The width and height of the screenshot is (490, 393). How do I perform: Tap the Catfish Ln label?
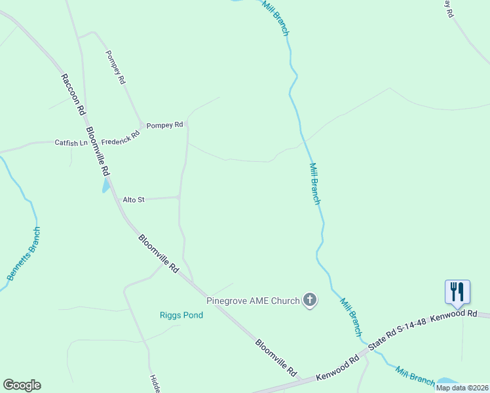(71, 143)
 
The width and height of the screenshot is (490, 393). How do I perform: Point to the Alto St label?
(134, 200)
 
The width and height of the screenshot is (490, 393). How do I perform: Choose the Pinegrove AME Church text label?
(253, 301)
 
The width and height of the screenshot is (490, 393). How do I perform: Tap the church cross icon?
(311, 301)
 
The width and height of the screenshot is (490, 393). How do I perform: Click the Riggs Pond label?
(181, 315)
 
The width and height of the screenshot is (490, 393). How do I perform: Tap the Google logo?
(22, 385)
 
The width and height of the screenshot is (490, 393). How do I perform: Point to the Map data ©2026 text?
(462, 388)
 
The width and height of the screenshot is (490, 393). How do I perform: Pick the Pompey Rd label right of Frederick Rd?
(164, 125)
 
